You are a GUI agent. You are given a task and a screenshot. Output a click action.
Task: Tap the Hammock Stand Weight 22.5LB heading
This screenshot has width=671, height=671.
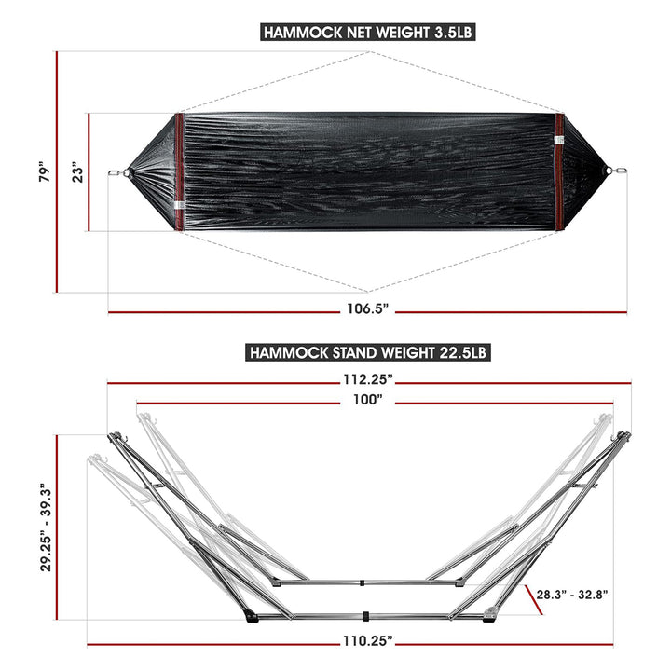pyautogui.click(x=367, y=353)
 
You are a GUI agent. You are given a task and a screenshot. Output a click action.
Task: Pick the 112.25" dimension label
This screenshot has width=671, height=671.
pyautogui.click(x=367, y=379)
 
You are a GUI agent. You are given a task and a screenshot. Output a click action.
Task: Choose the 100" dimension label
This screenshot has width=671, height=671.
pyautogui.click(x=368, y=400)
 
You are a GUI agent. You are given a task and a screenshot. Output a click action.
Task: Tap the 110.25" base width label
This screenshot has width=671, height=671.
pyautogui.click(x=365, y=640)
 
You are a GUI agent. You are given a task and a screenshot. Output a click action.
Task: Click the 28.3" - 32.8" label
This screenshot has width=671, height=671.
pyautogui.click(x=571, y=593)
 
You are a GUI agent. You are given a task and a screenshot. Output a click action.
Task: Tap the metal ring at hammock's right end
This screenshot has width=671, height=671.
pyautogui.click(x=611, y=171)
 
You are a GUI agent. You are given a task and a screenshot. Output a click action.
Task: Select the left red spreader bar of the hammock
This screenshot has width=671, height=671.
pyautogui.click(x=178, y=172)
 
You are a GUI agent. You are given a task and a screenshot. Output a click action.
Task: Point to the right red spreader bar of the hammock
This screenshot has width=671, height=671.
pyautogui.click(x=559, y=172)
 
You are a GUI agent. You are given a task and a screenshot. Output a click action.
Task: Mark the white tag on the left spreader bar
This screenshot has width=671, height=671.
pyautogui.click(x=178, y=208)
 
